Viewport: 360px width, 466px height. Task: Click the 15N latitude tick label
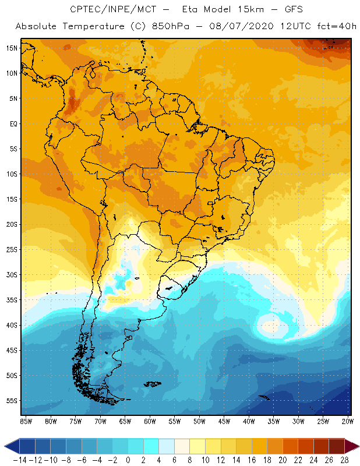coord(12,48)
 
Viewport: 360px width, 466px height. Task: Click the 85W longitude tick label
coord(26,421)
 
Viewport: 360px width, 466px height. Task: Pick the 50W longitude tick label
coord(199,421)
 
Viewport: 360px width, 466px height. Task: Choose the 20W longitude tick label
coord(348,421)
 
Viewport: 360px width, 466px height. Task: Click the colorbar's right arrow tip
coord(357,447)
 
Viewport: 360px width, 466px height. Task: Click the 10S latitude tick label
coord(12,174)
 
